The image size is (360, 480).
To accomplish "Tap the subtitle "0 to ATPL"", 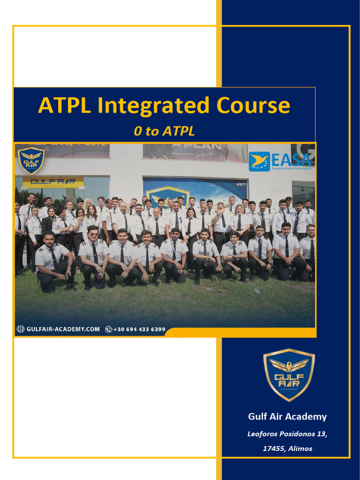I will [x=164, y=131].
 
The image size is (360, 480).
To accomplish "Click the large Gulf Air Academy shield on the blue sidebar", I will [x=288, y=375].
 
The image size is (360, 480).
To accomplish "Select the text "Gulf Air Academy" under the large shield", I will [x=287, y=417].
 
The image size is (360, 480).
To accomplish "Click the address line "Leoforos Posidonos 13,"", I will [x=287, y=434].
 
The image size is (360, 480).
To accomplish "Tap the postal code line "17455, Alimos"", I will [x=287, y=449].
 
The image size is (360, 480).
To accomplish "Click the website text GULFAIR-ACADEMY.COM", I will [x=63, y=329].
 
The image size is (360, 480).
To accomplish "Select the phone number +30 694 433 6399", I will [x=139, y=329].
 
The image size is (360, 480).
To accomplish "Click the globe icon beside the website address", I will [x=20, y=329].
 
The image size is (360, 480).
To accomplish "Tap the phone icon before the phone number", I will [x=109, y=329].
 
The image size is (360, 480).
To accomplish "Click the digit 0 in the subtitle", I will [x=137, y=131].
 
